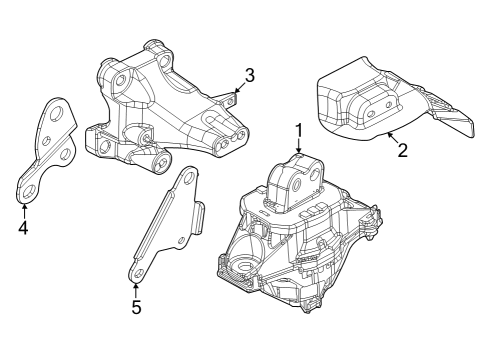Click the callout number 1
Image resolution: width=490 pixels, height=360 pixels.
[298, 130]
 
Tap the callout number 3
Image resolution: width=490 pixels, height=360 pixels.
[250, 74]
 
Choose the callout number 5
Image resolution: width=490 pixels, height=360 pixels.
[136, 307]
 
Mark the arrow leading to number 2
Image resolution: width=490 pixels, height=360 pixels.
[391, 137]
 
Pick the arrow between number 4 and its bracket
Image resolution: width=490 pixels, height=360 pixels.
[23, 207]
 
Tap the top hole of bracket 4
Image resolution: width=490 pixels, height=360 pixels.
[56, 113]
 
